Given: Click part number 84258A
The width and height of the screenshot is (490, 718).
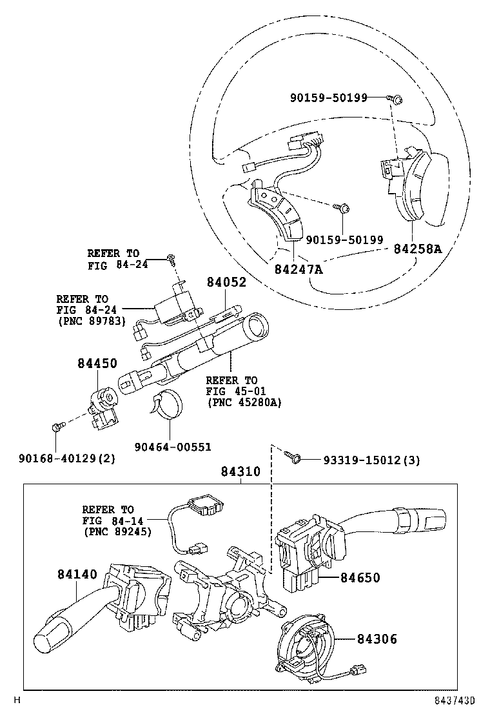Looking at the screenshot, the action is coord(418,249).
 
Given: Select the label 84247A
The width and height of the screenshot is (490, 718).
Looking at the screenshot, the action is coord(299,269).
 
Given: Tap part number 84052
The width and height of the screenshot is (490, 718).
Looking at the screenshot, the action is coord(226,282).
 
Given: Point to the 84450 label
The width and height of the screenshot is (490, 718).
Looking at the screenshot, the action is coord(97,363).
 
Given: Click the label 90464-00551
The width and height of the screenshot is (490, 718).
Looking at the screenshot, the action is coord(173,446).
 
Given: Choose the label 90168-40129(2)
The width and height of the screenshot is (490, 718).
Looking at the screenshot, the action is coord(67,458).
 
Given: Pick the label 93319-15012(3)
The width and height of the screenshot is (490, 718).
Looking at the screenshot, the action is coord(371,460).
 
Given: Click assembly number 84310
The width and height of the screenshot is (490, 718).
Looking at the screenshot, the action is coord(240,471).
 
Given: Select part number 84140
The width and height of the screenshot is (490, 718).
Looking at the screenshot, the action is coord(77,574).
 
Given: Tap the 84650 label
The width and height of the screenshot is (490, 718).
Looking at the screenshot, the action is coord(360,577).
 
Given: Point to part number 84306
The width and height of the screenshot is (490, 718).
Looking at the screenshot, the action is coord(377,639).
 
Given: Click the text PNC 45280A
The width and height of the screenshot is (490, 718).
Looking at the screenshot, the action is coord(244,402).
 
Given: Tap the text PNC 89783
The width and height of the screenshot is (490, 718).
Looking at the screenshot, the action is coord(92,321).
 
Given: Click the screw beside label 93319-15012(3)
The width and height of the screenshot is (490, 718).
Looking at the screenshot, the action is coord(292,456).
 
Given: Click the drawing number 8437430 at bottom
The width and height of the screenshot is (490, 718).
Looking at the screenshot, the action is coord(455,701).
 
